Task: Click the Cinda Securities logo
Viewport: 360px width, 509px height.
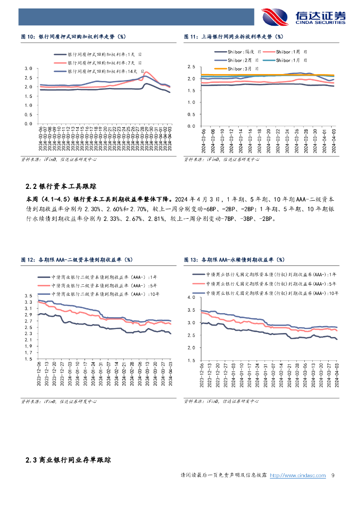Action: coord(303,16)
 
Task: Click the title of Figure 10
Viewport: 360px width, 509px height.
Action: coord(73,36)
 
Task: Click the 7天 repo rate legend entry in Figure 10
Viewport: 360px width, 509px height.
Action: coord(98,63)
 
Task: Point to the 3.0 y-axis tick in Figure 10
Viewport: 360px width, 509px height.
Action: coord(28,69)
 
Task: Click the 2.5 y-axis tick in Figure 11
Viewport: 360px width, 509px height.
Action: coord(191,67)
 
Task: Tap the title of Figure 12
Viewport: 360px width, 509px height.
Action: coord(77,259)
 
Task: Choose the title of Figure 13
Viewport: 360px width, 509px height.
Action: coord(234,259)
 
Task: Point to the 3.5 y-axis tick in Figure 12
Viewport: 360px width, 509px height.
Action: coord(28,296)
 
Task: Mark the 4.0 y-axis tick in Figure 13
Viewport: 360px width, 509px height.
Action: coord(191,297)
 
